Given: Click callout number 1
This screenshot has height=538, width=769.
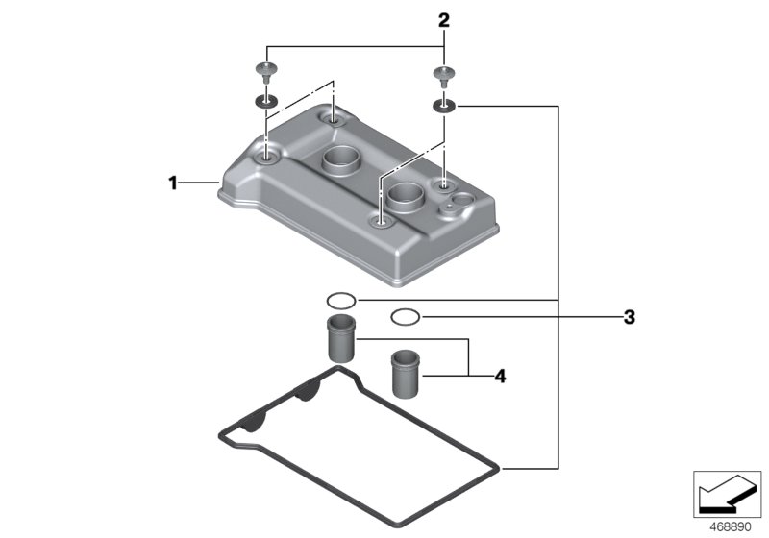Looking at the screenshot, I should click(173, 183).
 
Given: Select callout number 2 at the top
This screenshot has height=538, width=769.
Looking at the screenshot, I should click(443, 20).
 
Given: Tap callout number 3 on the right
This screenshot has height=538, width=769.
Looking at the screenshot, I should click(629, 316).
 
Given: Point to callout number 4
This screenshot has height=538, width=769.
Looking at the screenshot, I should click(499, 376).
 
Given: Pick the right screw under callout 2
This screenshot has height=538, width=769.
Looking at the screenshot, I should click(443, 75).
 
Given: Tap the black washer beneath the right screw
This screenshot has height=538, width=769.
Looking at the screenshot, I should click(443, 105).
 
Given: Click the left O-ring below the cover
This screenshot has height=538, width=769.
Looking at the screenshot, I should click(340, 300).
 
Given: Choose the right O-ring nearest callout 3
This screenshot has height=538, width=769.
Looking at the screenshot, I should click(405, 316).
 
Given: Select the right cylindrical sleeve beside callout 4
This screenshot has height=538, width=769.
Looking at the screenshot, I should click(405, 374).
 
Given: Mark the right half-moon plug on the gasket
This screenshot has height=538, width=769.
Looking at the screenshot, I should click(306, 393).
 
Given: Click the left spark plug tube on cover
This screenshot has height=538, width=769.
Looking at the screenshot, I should click(340, 160).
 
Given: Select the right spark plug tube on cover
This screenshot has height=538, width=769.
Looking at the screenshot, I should click(405, 199).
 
